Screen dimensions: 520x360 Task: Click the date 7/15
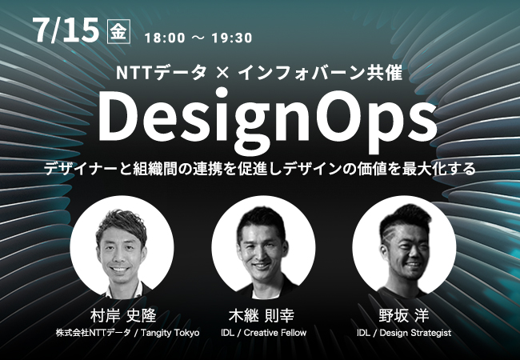(x=66, y=30)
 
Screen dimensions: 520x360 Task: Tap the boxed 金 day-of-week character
(x=118, y=32)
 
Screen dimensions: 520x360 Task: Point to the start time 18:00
(x=165, y=38)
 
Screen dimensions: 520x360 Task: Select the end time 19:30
(x=232, y=38)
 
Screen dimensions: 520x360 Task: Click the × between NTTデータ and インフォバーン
(x=222, y=73)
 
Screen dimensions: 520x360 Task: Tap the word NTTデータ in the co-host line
(x=161, y=73)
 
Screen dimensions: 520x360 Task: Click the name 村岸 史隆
(x=123, y=315)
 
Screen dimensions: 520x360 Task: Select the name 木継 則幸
(x=262, y=315)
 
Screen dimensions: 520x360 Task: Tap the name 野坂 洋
(x=404, y=315)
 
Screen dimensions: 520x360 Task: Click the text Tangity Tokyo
(x=170, y=333)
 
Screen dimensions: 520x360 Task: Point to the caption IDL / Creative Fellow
(x=264, y=333)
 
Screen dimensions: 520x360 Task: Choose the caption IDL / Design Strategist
(x=404, y=333)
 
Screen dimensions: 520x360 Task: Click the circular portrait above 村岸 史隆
(x=122, y=247)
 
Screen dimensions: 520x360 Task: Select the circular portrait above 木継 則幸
(x=264, y=247)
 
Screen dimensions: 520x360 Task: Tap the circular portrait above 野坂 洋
(x=404, y=247)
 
